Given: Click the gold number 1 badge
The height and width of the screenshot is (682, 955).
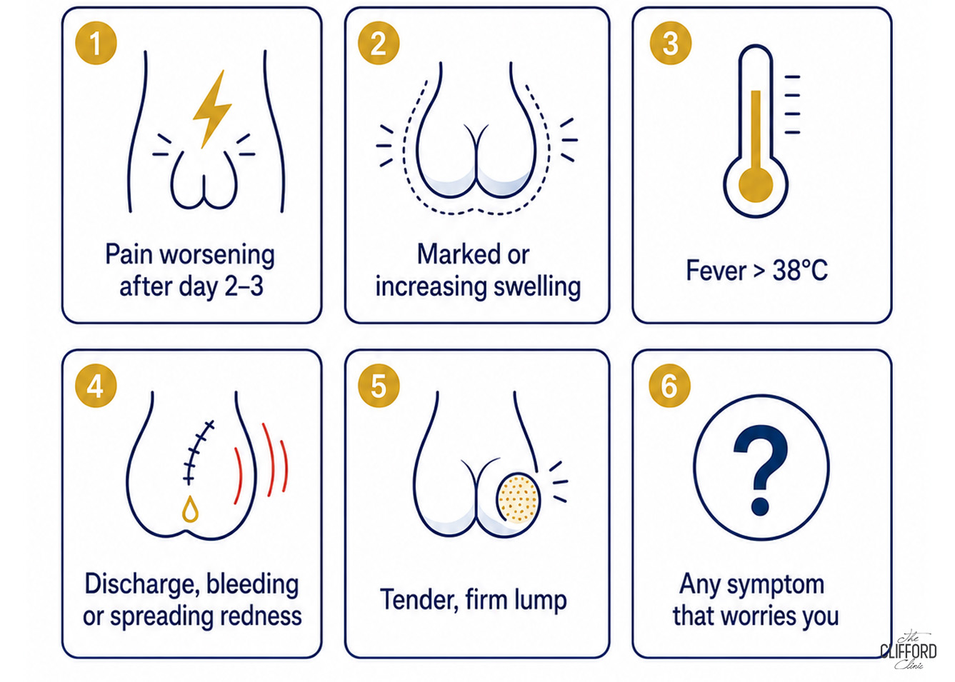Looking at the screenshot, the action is [96, 43].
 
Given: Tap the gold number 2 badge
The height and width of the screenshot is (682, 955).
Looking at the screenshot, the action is [379, 43].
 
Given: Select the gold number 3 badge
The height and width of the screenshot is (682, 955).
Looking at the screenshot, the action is [671, 43].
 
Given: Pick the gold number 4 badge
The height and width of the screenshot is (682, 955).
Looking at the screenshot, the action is [96, 386].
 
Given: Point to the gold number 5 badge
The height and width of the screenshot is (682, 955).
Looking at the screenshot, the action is [379, 386].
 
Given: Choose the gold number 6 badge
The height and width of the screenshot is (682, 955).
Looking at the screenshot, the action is [669, 386].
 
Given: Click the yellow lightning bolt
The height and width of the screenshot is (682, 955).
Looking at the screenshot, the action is [212, 109].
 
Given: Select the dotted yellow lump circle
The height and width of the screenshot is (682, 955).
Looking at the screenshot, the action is [519, 498].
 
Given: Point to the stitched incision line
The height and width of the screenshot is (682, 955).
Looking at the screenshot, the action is [196, 453].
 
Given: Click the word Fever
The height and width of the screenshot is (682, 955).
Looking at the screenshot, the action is [716, 270].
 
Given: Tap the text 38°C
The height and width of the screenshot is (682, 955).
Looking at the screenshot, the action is [800, 270].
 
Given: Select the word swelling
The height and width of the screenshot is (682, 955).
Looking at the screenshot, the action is [537, 287].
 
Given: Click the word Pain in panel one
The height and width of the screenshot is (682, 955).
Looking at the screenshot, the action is [129, 254].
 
